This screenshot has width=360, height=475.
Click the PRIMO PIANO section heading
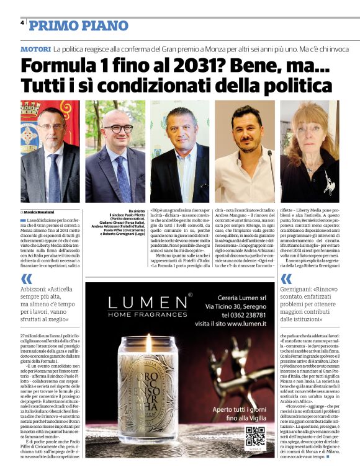click(x=78, y=25)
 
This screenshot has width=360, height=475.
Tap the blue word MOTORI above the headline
click(x=35, y=48)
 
